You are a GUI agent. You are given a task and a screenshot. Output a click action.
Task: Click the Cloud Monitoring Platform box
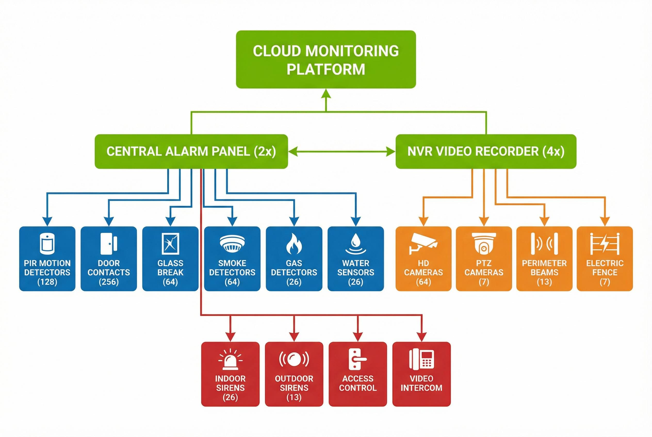(325, 59)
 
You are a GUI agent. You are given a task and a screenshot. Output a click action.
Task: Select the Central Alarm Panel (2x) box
(191, 151)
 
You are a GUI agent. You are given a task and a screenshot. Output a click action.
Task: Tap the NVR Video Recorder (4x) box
(486, 151)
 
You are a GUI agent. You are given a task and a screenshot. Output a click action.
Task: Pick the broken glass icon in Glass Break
(170, 243)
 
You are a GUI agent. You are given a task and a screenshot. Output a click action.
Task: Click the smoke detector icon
(232, 243)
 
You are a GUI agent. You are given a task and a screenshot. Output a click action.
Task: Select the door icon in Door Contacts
(109, 243)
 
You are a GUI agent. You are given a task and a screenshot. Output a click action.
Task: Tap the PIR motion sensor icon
(47, 243)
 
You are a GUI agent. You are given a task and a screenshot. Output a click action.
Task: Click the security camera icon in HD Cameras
(423, 243)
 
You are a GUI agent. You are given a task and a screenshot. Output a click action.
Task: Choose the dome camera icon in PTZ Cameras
(484, 243)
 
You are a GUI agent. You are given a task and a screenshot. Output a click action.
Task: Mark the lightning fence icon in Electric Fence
(605, 243)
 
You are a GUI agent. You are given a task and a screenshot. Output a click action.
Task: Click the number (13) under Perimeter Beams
(544, 282)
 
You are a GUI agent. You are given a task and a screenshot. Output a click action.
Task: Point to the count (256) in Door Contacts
(109, 282)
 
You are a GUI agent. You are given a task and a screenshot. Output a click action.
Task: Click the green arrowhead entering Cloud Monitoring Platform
(326, 94)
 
